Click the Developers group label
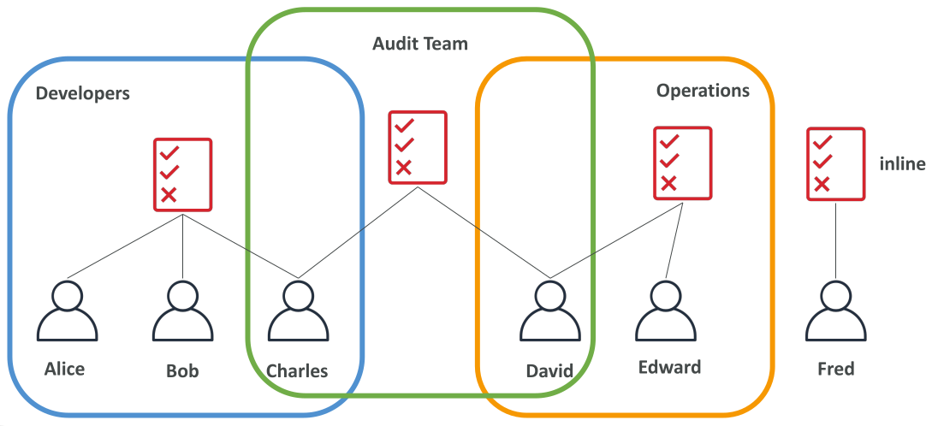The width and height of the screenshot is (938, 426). [82, 94]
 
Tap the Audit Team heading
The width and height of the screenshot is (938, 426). [420, 44]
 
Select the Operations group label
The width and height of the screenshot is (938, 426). [703, 91]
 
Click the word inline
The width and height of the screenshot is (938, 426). [902, 164]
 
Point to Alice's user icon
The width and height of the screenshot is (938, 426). [67, 311]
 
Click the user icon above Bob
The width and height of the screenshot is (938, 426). [182, 311]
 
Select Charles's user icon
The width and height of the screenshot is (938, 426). [298, 311]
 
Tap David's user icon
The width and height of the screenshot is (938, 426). [549, 311]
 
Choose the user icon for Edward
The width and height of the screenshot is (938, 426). [665, 311]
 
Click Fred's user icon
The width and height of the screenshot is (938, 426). [835, 311]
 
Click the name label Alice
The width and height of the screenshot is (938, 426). [64, 370]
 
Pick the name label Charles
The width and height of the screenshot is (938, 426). [297, 371]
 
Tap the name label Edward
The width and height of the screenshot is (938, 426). [669, 367]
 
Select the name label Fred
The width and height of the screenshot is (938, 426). [835, 370]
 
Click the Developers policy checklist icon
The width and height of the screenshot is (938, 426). [182, 175]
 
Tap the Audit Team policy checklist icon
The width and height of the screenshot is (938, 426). [418, 147]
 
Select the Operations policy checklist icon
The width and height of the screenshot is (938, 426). [683, 163]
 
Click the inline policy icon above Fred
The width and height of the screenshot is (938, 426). [835, 163]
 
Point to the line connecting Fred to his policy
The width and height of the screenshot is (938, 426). [835, 240]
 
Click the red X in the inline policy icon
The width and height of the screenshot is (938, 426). [822, 184]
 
